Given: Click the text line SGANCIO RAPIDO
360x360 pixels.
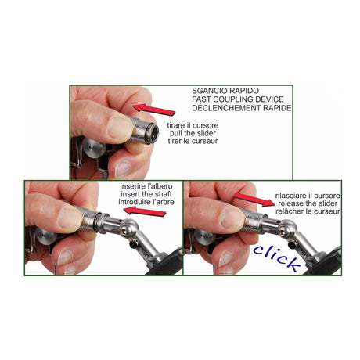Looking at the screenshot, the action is coord(225,91).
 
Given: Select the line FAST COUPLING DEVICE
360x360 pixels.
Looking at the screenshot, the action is coord(238,99).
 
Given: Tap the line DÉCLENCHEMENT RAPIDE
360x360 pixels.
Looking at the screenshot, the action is coord(242,108).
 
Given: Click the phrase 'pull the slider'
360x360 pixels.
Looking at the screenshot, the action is coord(193,133).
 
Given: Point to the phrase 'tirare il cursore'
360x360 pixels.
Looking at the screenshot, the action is coord(193,125).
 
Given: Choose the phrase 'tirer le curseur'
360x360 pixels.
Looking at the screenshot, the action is coord(193,141).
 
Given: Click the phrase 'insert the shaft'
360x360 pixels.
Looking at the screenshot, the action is coord(146,194).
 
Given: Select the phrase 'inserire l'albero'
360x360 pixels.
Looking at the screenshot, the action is coord(146,186).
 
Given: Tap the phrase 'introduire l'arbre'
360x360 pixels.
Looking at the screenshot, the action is coord(146,202).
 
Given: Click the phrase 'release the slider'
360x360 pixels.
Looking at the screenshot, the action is coord(308,203).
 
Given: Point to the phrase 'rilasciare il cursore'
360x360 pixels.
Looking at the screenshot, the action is coord(308,196).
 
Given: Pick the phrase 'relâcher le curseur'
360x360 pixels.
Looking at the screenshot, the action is coord(308,211).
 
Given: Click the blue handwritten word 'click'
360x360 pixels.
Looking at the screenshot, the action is coord(276,257).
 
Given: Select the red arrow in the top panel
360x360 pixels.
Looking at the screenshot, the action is coord(154,110).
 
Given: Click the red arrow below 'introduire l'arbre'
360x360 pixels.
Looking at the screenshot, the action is coord(145,211).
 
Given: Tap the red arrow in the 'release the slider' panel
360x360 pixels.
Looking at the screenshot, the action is coord(254,200).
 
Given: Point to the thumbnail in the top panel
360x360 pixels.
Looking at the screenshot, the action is coord(120,128).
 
